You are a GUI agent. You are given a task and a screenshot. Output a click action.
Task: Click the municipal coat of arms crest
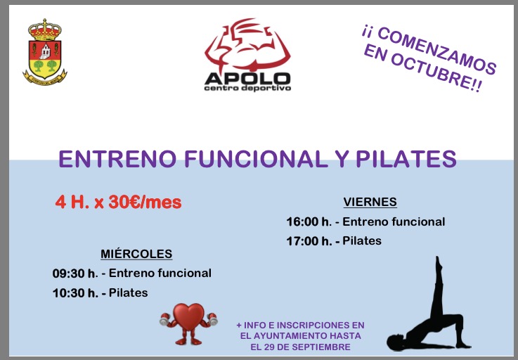coord(44,52)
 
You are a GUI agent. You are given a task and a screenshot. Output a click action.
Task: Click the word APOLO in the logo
coord(247,79)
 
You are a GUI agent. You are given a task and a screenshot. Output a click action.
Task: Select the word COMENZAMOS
coord(436,50)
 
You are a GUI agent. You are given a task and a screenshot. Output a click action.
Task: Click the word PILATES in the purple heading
coord(406,159)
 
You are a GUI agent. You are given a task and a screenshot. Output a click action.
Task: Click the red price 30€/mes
coord(145,202)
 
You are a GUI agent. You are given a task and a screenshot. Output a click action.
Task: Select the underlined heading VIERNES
coord(370,202)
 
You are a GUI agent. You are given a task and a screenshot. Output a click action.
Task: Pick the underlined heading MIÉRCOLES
coord(136,254)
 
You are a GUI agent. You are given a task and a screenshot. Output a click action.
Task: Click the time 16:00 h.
coord(309,221)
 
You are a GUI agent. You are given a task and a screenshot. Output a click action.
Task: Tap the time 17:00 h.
coord(309,241)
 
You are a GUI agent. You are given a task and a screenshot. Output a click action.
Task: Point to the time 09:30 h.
coord(75,274)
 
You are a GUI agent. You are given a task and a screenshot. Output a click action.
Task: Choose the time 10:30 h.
coord(75,293)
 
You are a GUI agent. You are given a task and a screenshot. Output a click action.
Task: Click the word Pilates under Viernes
coord(362,240)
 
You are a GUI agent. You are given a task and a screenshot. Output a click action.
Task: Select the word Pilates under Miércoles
coord(128,292)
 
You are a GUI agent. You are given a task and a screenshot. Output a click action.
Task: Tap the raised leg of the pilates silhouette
coord(439,288)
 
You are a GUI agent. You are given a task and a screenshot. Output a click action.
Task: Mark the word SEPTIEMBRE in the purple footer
coord(321,347)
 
